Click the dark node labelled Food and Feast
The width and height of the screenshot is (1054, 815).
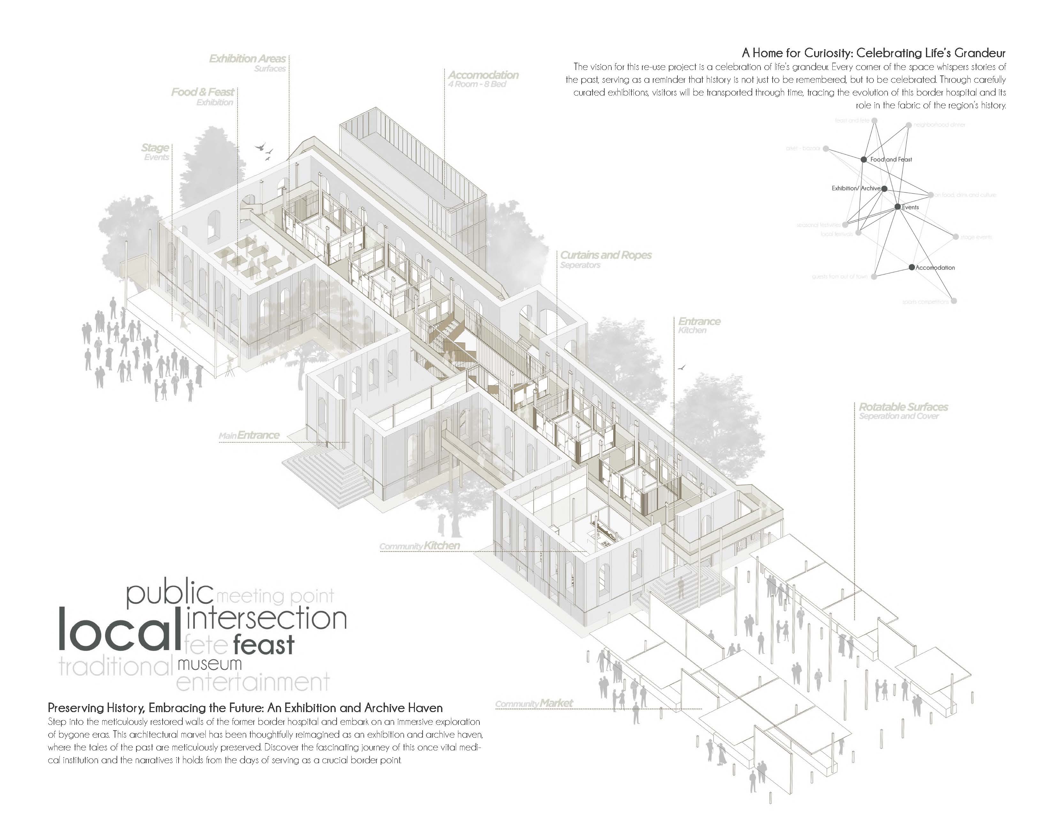(863, 159)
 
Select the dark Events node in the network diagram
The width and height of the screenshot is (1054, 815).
(897, 207)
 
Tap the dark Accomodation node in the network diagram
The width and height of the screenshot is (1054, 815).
(911, 267)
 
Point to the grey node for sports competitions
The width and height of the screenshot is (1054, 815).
(954, 301)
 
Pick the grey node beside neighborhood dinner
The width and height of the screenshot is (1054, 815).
(909, 125)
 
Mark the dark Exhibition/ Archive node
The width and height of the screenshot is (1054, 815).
(884, 189)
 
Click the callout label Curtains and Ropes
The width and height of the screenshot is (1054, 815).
(606, 255)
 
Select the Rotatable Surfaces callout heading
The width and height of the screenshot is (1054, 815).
(903, 407)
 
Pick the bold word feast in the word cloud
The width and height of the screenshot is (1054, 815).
(263, 645)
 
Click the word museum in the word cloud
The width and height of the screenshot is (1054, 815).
(210, 664)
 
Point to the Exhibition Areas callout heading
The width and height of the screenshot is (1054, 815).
(247, 59)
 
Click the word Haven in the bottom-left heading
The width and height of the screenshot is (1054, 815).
(425, 708)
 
